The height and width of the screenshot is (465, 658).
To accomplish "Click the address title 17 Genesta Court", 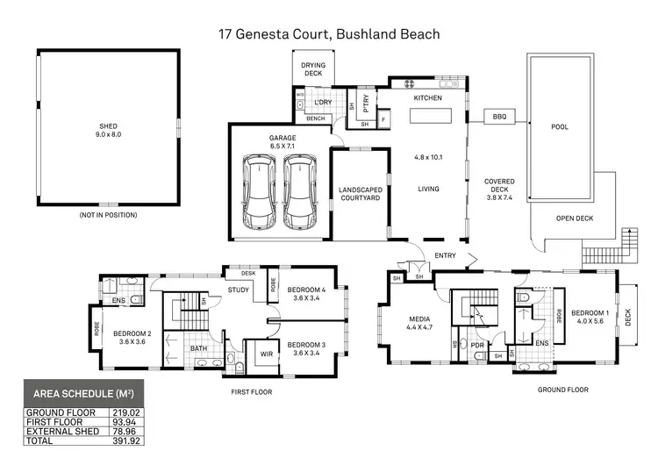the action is coord(329,34).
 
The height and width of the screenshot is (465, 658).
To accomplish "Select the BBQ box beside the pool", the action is coord(500,117).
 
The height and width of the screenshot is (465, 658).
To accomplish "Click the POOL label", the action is coord(559,127).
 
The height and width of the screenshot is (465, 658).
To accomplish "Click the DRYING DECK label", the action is coord(312,69).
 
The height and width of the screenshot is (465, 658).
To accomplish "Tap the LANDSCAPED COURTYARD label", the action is coord(359,194).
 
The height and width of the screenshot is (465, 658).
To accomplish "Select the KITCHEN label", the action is coord(428,98).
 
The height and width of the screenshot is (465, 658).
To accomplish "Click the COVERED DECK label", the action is coord(499,186).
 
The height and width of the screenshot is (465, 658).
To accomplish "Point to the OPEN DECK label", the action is coord(575,218).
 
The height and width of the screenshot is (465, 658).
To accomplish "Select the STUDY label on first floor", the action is coord(239,290).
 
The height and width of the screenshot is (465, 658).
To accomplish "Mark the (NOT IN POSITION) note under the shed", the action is coord(107,215).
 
